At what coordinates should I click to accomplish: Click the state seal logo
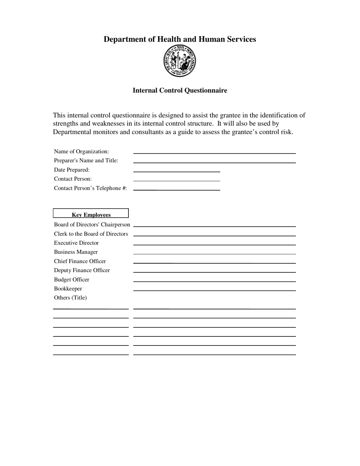(180, 61)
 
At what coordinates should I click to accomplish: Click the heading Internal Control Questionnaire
(180, 90)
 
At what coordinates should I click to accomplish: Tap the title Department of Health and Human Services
(180, 39)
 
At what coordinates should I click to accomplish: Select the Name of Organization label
(81, 152)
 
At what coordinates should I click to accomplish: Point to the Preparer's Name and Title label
(86, 161)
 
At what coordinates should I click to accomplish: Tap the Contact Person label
(73, 179)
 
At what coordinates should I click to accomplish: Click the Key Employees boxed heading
(91, 214)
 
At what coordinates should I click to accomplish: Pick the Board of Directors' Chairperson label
(92, 225)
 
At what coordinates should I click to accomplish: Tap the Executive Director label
(76, 243)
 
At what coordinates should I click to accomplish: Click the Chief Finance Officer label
(80, 261)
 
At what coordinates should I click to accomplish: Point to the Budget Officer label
(72, 280)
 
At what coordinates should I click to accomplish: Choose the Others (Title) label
(70, 298)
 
